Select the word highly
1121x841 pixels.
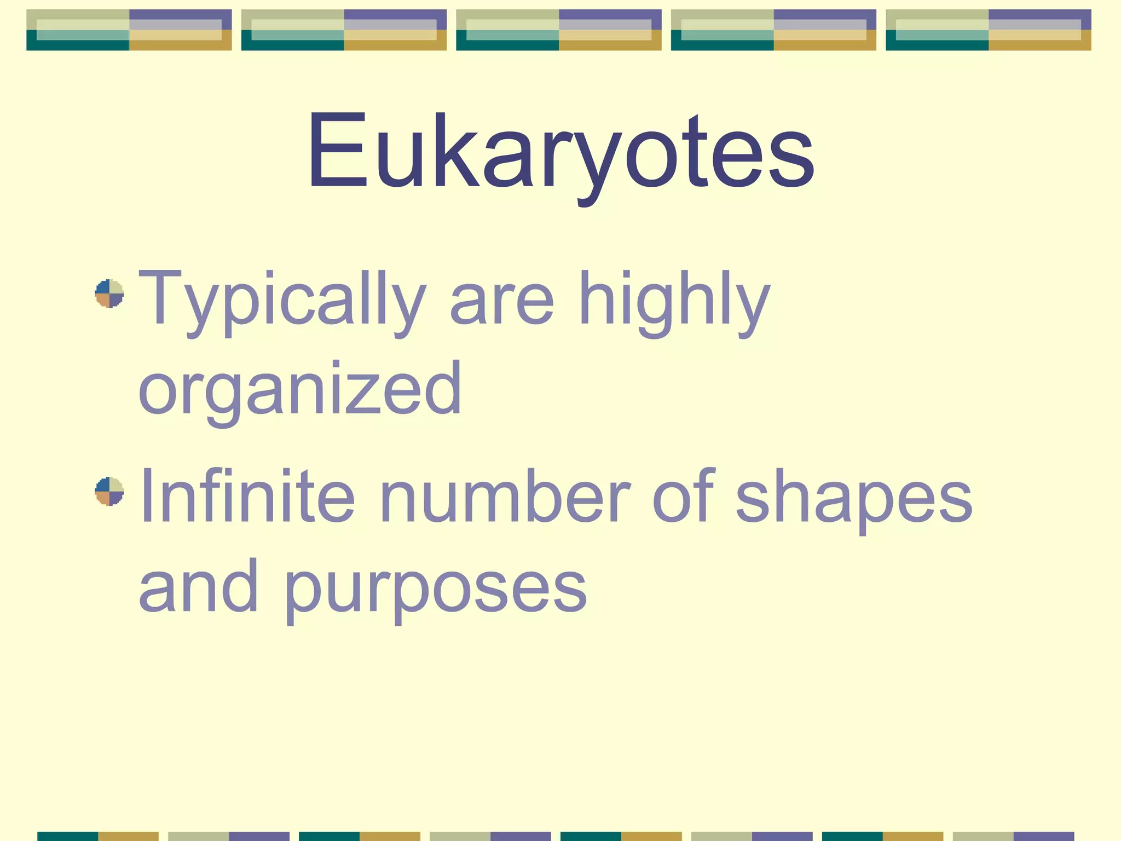(674, 300)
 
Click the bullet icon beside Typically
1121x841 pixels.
(109, 293)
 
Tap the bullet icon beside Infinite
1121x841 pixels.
(109, 491)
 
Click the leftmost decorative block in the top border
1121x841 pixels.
(129, 30)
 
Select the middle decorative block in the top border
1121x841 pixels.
(559, 30)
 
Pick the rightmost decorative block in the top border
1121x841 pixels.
(989, 30)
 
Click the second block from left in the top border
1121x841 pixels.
(344, 30)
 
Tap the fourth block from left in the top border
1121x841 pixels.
(773, 30)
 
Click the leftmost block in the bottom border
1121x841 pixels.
(97, 836)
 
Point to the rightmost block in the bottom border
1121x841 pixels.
(1013, 836)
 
